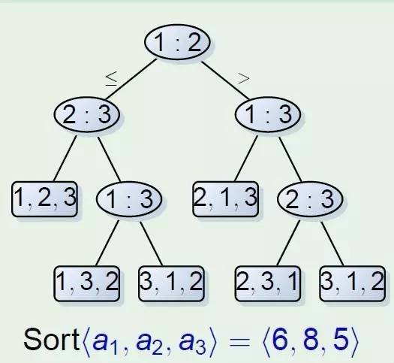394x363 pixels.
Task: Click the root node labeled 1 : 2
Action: pyautogui.click(x=177, y=42)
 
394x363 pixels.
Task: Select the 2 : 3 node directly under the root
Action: pyautogui.click(x=87, y=114)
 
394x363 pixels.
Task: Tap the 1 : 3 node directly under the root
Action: pyautogui.click(x=268, y=114)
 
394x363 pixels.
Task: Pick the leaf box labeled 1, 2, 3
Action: pyautogui.click(x=44, y=198)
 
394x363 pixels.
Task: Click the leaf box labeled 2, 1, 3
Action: pyautogui.click(x=225, y=198)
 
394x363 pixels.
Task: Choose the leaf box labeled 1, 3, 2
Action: pyautogui.click(x=87, y=283)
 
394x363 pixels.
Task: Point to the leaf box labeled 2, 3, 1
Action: pyautogui.click(x=268, y=283)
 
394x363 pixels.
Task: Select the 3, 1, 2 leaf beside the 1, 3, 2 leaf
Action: pyautogui.click(x=171, y=283)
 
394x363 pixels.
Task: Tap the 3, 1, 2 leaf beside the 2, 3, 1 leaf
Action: pyautogui.click(x=352, y=283)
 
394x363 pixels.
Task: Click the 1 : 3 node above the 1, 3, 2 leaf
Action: pyautogui.click(x=129, y=198)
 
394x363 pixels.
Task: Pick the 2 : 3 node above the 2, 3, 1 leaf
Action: pyautogui.click(x=310, y=198)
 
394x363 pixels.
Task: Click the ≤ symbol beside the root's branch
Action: pyautogui.click(x=111, y=79)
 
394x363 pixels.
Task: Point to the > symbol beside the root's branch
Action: pyautogui.click(x=244, y=78)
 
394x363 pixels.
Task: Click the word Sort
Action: pyautogui.click(x=52, y=340)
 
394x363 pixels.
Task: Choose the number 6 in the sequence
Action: pyautogui.click(x=280, y=340)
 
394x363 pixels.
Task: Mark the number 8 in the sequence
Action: pyautogui.click(x=311, y=340)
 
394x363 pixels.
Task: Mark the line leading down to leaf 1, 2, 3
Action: pyautogui.click(x=65, y=159)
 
